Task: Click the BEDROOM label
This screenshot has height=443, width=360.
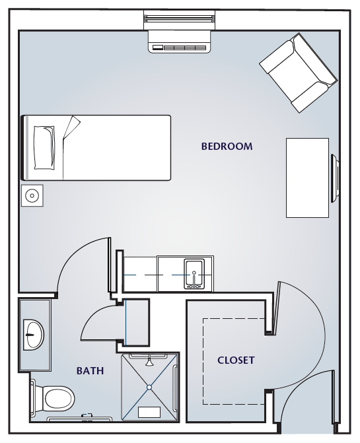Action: (227, 147)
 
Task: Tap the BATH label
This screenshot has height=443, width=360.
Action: (90, 370)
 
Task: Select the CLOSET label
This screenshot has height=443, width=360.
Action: (236, 360)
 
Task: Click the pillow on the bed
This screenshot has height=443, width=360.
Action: (44, 148)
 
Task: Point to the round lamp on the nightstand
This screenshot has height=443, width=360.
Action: (32, 195)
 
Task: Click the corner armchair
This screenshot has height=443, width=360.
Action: (299, 73)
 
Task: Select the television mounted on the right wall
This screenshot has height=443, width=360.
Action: (335, 178)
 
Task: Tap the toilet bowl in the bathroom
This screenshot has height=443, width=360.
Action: (59, 399)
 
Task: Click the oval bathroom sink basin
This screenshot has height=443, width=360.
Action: (34, 335)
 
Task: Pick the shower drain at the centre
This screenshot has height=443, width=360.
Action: (149, 387)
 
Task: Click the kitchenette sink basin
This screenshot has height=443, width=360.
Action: (194, 274)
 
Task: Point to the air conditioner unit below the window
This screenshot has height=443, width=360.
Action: (180, 42)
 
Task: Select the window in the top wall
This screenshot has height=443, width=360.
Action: (180, 20)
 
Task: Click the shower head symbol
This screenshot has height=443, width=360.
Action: (149, 362)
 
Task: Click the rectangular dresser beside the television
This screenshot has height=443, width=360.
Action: (307, 178)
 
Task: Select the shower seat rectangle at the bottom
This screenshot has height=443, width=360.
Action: (149, 412)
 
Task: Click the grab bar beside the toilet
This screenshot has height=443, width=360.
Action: (33, 398)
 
